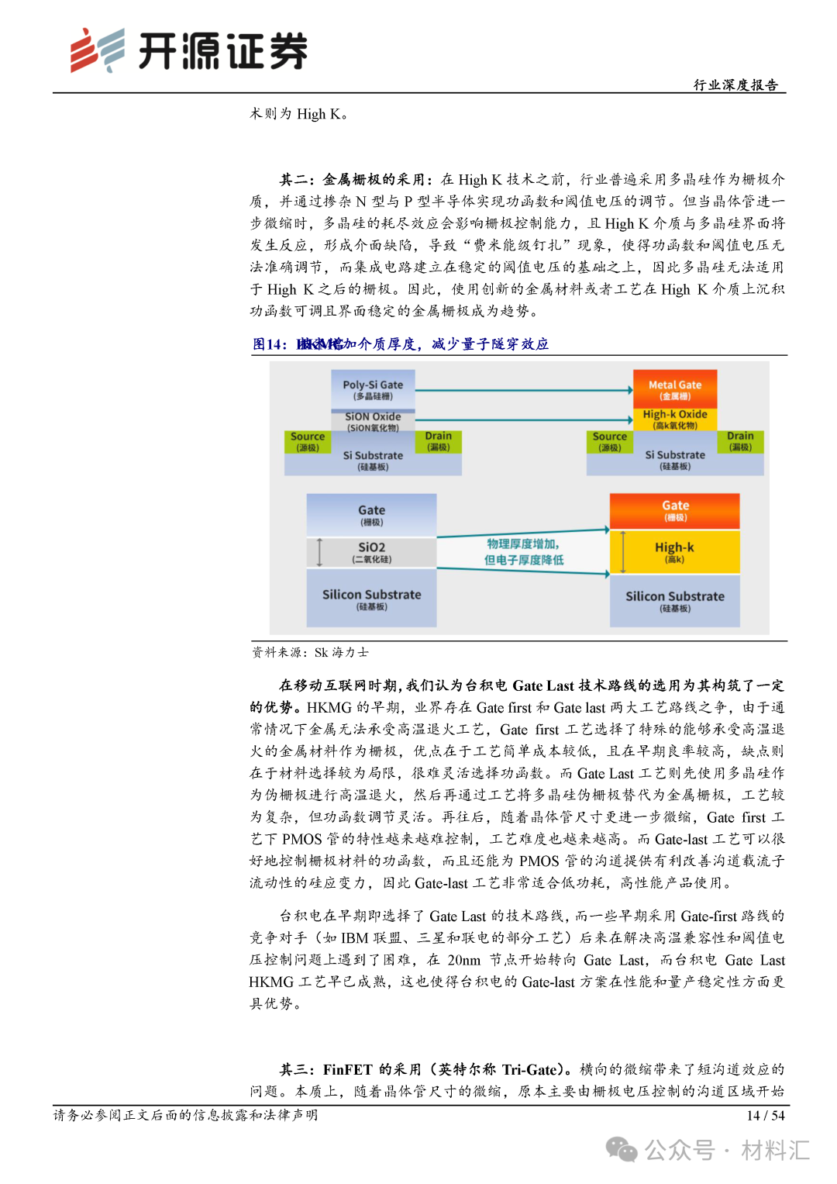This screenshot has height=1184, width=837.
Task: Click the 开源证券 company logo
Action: [188, 51]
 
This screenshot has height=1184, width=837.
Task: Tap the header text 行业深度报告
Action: [735, 85]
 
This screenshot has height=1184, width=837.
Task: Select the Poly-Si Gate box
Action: [373, 389]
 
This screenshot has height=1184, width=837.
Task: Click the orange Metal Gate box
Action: [675, 388]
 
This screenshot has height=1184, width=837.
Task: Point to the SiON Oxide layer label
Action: [373, 421]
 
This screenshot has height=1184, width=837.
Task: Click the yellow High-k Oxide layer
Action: [675, 419]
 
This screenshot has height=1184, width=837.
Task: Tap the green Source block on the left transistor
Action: [308, 441]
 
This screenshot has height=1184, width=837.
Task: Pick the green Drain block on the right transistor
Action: [740, 440]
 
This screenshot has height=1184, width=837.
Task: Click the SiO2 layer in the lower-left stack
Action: [372, 552]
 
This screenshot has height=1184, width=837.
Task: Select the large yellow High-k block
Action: [675, 551]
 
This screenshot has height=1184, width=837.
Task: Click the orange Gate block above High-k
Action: [675, 510]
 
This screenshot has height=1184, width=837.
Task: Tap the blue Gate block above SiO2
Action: [372, 515]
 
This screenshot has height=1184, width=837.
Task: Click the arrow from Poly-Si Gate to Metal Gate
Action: [524, 390]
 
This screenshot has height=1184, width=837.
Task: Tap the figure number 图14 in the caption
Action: [269, 344]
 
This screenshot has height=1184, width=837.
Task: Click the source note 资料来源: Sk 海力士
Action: [310, 653]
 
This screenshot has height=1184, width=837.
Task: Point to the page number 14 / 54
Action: [765, 1116]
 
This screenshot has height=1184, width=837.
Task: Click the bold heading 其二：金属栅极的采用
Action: [352, 180]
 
